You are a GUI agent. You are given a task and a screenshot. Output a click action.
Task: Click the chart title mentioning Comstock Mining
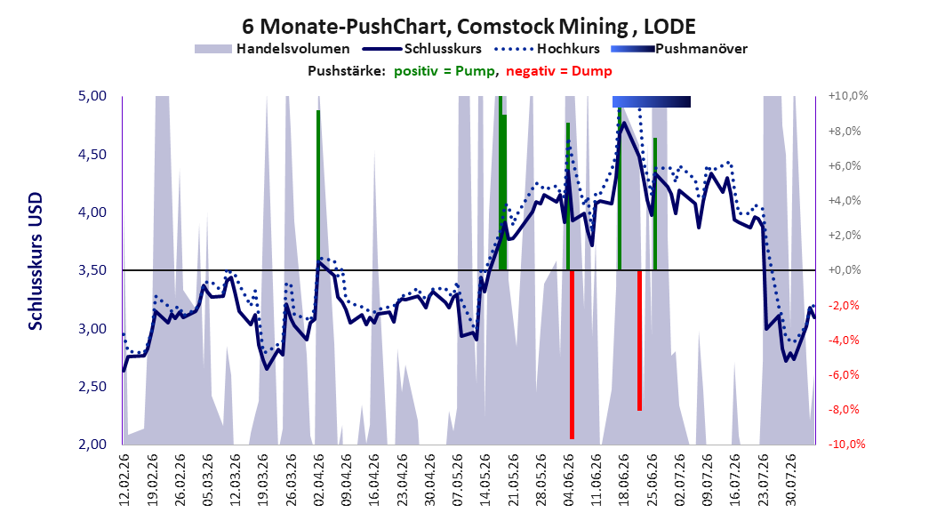(468, 27)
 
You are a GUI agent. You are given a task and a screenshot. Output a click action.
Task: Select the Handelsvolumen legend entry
(272, 49)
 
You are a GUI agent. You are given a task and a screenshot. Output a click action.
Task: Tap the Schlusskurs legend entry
(422, 49)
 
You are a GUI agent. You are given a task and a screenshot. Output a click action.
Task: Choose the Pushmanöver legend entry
(679, 49)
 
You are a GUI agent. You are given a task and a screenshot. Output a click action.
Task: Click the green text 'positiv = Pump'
(444, 71)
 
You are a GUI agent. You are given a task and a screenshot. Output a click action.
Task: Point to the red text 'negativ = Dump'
(559, 71)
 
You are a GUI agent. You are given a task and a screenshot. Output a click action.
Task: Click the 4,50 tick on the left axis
(92, 154)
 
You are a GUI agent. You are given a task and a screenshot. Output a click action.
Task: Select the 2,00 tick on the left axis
(92, 444)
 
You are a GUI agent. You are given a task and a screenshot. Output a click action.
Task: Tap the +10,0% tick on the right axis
(848, 96)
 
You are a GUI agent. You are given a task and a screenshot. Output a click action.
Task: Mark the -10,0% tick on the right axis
(846, 444)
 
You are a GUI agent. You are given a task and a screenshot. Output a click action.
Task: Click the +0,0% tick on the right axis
(845, 270)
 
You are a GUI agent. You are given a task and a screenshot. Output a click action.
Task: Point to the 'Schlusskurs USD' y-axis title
(36, 261)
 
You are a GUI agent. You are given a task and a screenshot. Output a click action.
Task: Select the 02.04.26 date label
(318, 480)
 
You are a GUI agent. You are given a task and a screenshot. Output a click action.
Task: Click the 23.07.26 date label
(763, 480)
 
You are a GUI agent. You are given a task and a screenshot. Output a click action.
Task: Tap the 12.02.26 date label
(124, 480)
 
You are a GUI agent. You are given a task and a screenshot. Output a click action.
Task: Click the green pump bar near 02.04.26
(318, 190)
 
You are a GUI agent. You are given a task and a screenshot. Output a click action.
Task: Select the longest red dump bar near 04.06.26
(572, 355)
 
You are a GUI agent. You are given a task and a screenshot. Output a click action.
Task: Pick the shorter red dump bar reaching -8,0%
(639, 340)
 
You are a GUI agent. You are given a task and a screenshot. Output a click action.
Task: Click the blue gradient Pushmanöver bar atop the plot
(652, 101)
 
